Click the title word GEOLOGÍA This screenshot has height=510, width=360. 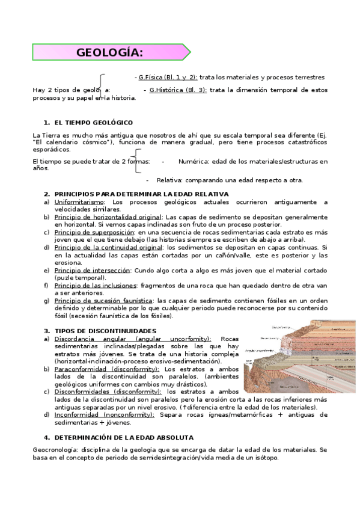point(110,52)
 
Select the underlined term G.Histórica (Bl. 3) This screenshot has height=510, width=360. point(178,90)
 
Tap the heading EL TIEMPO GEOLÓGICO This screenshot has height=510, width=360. point(93,122)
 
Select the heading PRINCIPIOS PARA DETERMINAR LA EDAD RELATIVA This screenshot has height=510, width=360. point(141,194)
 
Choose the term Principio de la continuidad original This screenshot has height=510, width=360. point(108,247)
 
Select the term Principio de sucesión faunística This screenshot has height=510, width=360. point(103,300)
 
